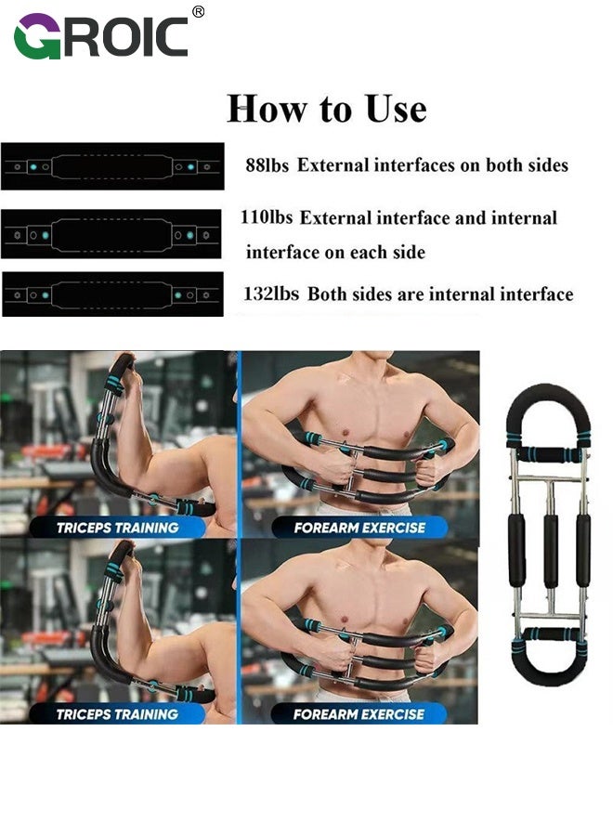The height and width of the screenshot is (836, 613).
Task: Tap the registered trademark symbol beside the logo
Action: click(x=198, y=11)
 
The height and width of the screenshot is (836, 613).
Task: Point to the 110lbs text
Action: click(x=267, y=218)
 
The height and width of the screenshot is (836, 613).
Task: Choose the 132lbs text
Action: click(x=270, y=294)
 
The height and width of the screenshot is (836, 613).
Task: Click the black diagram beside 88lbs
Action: click(x=112, y=166)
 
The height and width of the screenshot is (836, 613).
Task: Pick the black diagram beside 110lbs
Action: click(x=111, y=234)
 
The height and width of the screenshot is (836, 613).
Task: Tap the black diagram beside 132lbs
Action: click(x=112, y=294)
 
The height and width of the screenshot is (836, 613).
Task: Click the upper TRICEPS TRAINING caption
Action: click(x=117, y=528)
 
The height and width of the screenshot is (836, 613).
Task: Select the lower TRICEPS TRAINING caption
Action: click(x=117, y=714)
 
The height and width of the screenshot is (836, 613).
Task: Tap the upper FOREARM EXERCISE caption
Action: click(x=359, y=528)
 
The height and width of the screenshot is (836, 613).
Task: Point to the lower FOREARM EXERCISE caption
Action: click(x=359, y=714)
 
